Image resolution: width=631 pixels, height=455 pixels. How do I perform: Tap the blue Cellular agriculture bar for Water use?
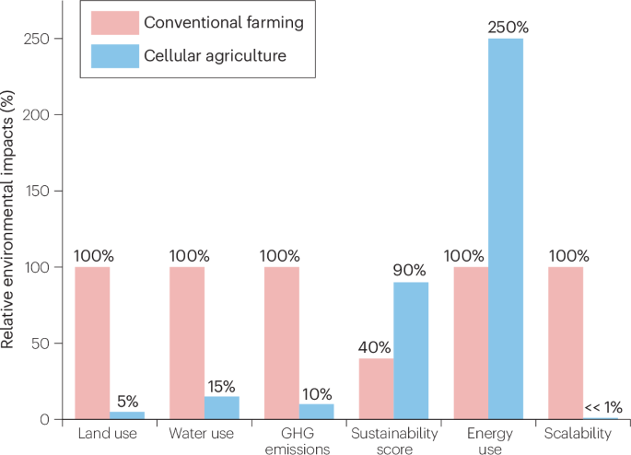222,407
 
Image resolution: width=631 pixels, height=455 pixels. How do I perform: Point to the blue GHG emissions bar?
317,411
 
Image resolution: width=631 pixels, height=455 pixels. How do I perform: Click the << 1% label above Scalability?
604,407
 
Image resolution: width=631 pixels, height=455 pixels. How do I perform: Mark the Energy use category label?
486,438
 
